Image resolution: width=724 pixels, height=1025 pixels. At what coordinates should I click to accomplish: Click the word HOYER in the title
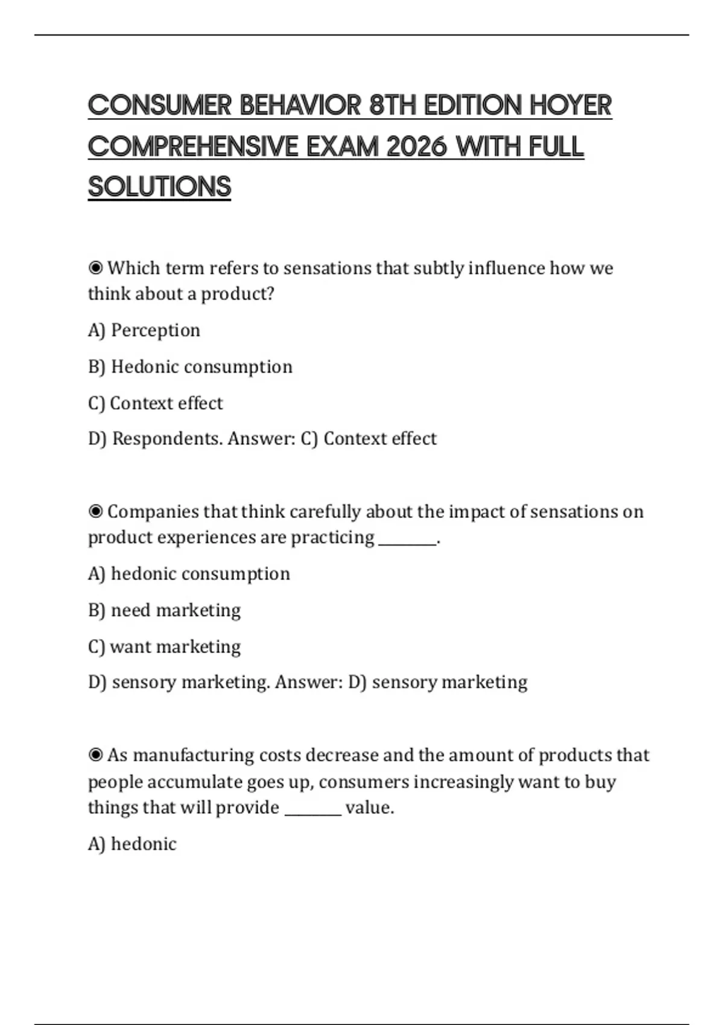(x=570, y=106)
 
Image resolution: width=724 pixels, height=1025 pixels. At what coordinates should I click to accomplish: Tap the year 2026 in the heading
(x=416, y=147)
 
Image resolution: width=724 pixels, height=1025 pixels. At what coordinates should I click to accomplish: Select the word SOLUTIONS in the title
(x=159, y=187)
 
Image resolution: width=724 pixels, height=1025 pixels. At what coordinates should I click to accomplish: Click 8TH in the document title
(x=393, y=106)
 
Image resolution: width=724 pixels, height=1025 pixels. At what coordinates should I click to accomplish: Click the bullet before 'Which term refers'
(x=95, y=268)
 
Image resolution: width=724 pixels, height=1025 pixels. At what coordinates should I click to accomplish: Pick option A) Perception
(x=144, y=330)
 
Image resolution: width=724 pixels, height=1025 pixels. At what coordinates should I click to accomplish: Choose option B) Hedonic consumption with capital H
(x=190, y=367)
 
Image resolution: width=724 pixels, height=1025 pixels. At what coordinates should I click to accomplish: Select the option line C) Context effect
(x=156, y=403)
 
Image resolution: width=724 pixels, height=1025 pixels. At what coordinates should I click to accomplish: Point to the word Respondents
(x=167, y=438)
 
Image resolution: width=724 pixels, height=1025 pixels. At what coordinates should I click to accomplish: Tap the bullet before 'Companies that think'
(x=95, y=511)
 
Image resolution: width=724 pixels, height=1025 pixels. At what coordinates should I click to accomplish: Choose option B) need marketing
(x=164, y=610)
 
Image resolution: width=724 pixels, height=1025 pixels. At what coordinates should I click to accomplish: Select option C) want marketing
(x=164, y=646)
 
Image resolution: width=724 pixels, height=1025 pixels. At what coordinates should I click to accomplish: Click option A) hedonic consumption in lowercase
(x=189, y=573)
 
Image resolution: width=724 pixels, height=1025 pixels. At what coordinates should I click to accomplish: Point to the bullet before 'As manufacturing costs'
(x=95, y=755)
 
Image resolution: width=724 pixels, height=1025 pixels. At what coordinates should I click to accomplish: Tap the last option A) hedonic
(x=132, y=844)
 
